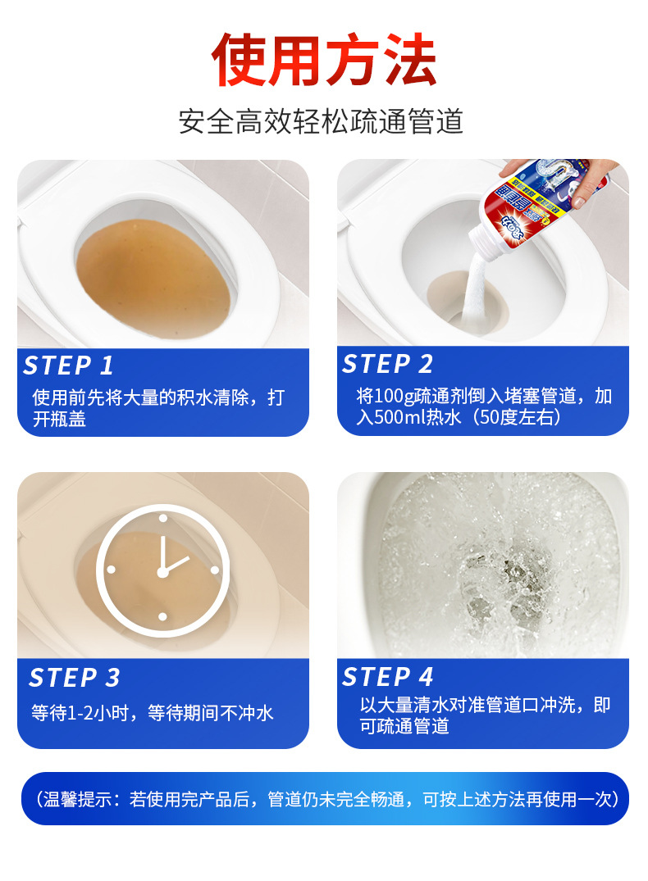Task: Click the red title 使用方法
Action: pyautogui.click(x=324, y=60)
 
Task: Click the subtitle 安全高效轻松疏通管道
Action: pyautogui.click(x=322, y=121)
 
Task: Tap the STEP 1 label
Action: pyautogui.click(x=68, y=366)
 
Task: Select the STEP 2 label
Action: pyautogui.click(x=387, y=364)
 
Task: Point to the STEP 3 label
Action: pyautogui.click(x=75, y=678)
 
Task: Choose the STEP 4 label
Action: pyautogui.click(x=387, y=676)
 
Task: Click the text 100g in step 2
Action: pyautogui.click(x=395, y=396)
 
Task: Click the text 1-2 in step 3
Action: pyautogui.click(x=80, y=713)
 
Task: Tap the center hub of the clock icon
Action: pyautogui.click(x=162, y=573)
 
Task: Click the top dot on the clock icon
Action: pyautogui.click(x=162, y=518)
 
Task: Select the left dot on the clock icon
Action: pyautogui.click(x=111, y=570)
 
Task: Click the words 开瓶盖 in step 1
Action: pyautogui.click(x=59, y=419)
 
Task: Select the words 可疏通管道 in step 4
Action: pyautogui.click(x=404, y=726)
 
